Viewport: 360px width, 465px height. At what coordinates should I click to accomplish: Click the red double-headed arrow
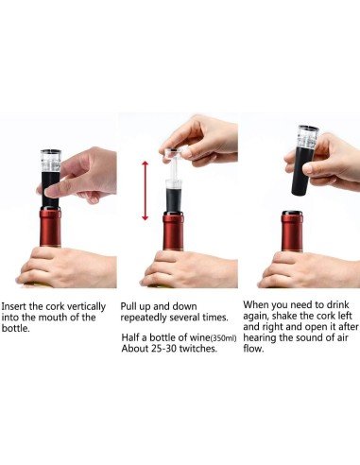point(145,190)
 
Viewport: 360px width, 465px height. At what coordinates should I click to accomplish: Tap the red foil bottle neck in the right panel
point(292,231)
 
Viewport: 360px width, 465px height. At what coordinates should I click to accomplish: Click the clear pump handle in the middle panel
point(172,151)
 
